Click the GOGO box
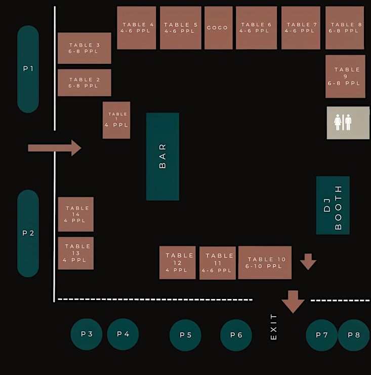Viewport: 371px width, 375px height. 218,28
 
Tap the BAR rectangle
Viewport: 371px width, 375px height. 162,156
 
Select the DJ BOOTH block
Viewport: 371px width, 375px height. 333,205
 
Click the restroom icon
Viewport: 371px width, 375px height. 348,123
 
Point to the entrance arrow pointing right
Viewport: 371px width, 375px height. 55,147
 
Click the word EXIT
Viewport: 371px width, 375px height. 274,326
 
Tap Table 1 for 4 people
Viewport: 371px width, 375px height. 116,120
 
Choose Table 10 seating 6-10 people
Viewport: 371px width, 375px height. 265,262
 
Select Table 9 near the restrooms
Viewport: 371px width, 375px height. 345,77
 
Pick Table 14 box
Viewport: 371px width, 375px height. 76,214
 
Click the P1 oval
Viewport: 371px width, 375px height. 28,69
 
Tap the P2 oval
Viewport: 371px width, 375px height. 28,233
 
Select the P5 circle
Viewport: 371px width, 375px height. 185,335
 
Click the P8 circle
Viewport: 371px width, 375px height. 353,335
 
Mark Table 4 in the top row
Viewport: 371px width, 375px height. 137,28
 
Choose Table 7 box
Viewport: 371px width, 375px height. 301,28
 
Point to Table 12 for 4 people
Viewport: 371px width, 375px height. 178,262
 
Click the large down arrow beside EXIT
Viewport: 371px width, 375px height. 293,302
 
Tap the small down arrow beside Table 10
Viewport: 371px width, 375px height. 308,261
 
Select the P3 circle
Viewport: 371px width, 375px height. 87,334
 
